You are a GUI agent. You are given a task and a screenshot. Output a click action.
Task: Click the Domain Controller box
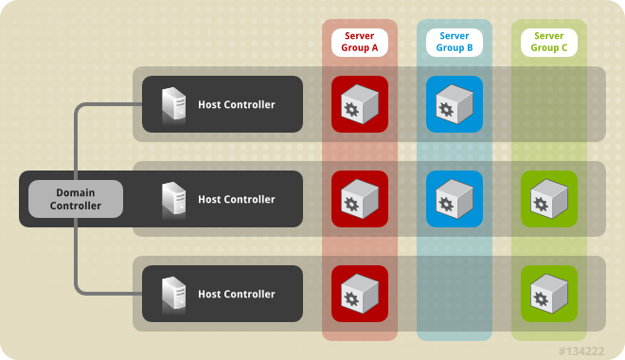click(76, 199)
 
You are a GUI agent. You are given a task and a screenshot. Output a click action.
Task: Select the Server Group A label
click(360, 42)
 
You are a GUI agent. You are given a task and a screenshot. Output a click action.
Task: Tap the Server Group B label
click(455, 42)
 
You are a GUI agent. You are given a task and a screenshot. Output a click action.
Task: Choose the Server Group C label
click(549, 42)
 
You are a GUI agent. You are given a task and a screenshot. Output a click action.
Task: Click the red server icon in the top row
click(360, 104)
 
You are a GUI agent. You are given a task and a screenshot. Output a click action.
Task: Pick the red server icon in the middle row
click(360, 199)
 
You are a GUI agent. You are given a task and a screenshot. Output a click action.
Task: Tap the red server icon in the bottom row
click(360, 294)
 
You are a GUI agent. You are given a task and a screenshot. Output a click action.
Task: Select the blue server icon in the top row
click(455, 104)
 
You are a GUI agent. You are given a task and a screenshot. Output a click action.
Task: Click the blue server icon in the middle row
click(455, 199)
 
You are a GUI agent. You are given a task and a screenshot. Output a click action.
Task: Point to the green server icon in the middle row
click(549, 199)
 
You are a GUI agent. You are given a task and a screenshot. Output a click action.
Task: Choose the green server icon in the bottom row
click(549, 294)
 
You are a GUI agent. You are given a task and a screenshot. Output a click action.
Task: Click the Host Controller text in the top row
click(236, 104)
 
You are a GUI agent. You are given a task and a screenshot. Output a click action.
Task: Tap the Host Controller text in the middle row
click(236, 199)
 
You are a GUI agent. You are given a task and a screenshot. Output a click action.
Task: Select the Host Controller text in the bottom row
click(236, 294)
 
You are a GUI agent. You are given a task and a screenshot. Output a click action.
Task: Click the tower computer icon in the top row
click(173, 104)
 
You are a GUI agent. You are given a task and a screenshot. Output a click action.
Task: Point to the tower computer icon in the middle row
click(173, 199)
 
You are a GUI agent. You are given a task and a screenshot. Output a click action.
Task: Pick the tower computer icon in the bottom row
click(173, 294)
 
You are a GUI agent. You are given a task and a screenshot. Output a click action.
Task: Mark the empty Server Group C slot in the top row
click(549, 104)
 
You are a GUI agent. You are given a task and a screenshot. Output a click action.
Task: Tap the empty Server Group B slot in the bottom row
click(455, 294)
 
